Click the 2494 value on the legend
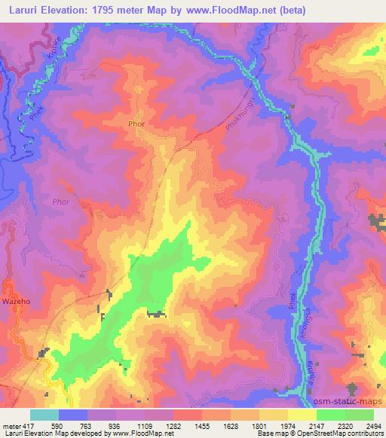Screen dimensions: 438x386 tap(374, 426)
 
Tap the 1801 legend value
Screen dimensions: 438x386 tap(260, 426)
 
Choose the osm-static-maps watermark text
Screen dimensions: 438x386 tap(350, 403)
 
